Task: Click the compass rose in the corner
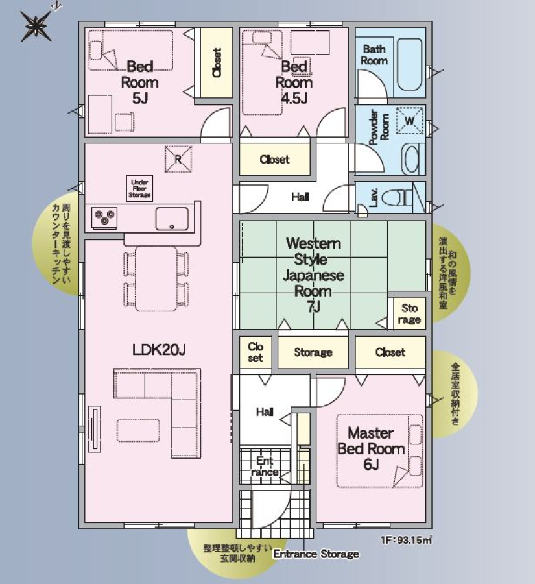tap(36, 26)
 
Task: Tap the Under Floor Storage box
tap(139, 188)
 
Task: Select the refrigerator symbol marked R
tap(178, 160)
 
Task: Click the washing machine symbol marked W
tap(410, 120)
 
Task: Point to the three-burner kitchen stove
tap(104, 217)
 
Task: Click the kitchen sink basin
tap(172, 219)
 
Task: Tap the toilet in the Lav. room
tap(401, 197)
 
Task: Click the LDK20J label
tap(159, 349)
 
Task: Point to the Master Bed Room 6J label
tap(371, 449)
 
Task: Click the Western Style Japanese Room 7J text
tap(313, 275)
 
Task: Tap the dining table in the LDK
tap(156, 278)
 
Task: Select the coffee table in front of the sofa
tap(139, 431)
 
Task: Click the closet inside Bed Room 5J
tap(217, 63)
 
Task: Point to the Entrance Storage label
tap(316, 554)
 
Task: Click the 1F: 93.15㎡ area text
tap(407, 540)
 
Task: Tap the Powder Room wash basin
tap(412, 160)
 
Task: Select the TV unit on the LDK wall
tap(94, 429)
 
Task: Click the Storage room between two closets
tap(313, 352)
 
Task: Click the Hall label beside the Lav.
tap(300, 197)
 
